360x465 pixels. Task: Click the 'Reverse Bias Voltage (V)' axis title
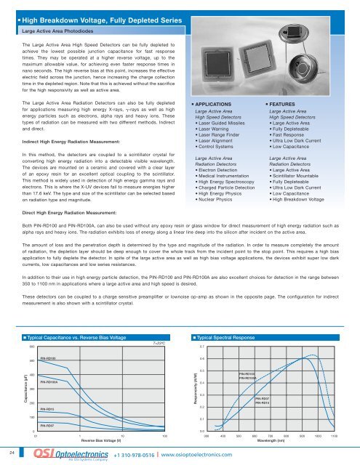pyautogui.click(x=101, y=440)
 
